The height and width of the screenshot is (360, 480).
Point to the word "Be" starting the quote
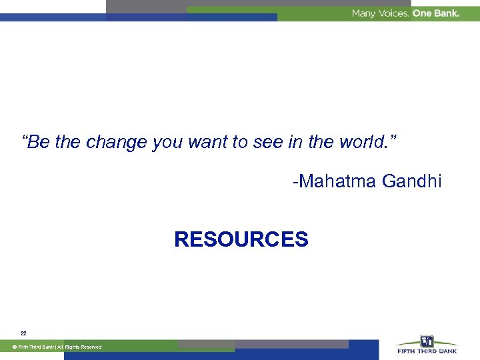(39, 142)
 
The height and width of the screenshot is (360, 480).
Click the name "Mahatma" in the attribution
(339, 181)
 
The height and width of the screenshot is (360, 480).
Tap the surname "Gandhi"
(412, 181)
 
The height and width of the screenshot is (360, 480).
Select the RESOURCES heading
(241, 239)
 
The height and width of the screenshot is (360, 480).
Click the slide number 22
(23, 333)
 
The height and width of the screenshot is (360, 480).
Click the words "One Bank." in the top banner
(436, 13)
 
